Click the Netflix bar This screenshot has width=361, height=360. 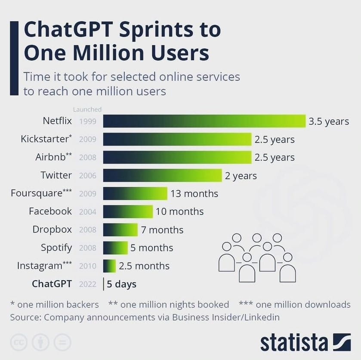[x=204, y=121]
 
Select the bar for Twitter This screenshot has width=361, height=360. [x=163, y=175]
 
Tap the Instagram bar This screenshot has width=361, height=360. [x=109, y=266]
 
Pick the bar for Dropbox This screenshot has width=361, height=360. [x=120, y=230]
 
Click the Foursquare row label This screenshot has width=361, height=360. [x=41, y=193]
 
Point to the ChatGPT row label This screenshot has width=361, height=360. [x=52, y=284]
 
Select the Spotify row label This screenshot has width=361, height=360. [x=56, y=248]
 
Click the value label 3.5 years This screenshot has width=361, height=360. [x=329, y=121]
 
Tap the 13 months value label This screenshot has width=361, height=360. [x=194, y=194]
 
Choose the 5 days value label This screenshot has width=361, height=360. [x=122, y=284]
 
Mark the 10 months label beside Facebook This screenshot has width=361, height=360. [x=180, y=211]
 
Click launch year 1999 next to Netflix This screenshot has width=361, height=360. [x=88, y=121]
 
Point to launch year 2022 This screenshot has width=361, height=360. [x=88, y=284]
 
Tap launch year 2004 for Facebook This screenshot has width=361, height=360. [x=88, y=212]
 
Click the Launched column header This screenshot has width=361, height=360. [x=87, y=109]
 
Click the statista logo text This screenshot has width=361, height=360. [x=294, y=343]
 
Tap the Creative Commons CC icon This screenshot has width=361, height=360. [x=19, y=342]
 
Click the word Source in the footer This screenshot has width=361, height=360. [x=25, y=317]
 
